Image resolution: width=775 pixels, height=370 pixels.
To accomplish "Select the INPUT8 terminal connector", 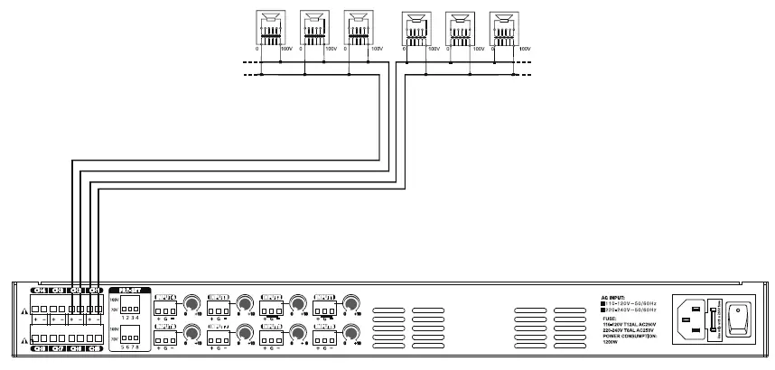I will [x=164, y=339].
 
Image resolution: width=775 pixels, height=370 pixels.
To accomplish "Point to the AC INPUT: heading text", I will [x=614, y=295].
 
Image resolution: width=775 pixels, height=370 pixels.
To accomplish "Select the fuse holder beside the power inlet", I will [x=716, y=318].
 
